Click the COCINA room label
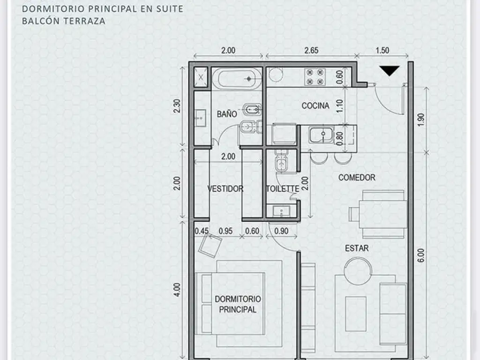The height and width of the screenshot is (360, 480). click(x=315, y=106)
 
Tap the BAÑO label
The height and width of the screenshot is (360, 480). click(x=226, y=114)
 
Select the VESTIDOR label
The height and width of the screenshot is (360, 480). click(x=225, y=189)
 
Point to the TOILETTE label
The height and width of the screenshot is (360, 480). click(x=282, y=189)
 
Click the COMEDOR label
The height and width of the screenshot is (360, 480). click(x=357, y=178)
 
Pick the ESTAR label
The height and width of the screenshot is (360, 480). click(x=357, y=248)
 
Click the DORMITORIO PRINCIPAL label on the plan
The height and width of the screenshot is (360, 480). click(x=238, y=304)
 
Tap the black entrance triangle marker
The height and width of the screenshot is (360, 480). click(x=389, y=71)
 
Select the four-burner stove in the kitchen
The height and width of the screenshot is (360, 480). click(x=315, y=77)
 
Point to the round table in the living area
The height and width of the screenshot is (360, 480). click(x=358, y=271)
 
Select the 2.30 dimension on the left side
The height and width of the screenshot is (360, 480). click(x=176, y=106)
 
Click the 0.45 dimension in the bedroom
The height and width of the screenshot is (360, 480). click(x=202, y=231)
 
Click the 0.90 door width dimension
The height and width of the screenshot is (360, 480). click(x=281, y=231)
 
